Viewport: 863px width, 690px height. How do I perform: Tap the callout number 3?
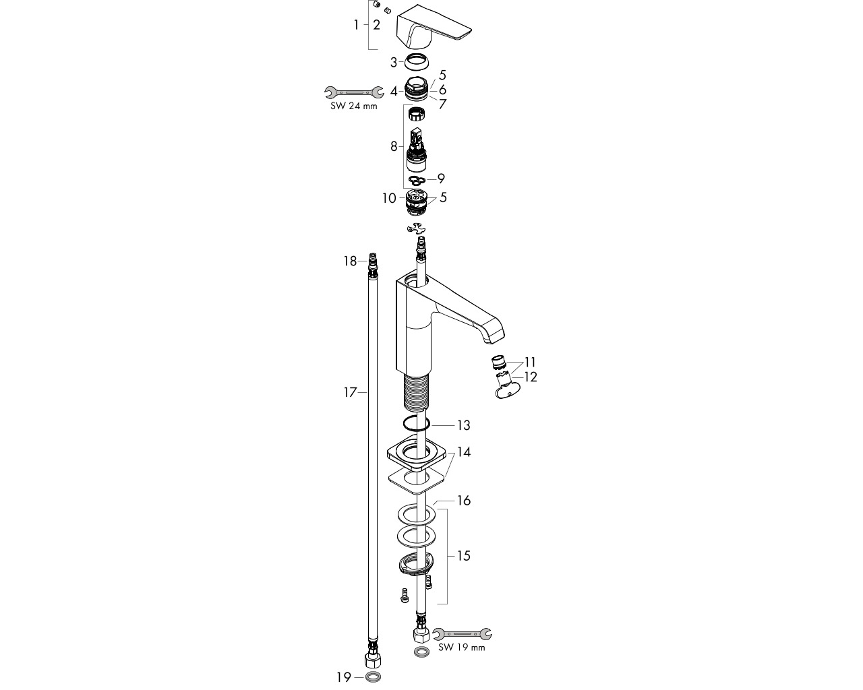[x=394, y=63]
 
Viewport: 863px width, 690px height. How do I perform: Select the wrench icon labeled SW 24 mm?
[x=354, y=92]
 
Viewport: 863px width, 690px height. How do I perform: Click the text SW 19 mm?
[x=462, y=648]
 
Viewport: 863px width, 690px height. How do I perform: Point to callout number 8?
[x=394, y=146]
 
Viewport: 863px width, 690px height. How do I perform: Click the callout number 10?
[x=389, y=198]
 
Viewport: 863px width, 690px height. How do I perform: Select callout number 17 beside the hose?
[x=350, y=392]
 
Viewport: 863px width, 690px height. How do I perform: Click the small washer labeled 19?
[x=373, y=677]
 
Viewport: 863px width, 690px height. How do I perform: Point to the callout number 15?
[x=464, y=556]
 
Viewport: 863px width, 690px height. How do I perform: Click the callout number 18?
[x=350, y=261]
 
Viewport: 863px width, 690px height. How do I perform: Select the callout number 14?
[x=464, y=452]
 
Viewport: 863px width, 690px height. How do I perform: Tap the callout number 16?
[x=464, y=501]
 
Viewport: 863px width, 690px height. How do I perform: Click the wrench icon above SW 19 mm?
[x=462, y=634]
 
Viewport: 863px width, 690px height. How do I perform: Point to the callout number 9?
[x=441, y=179]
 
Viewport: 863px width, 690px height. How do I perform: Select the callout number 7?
[x=442, y=104]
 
